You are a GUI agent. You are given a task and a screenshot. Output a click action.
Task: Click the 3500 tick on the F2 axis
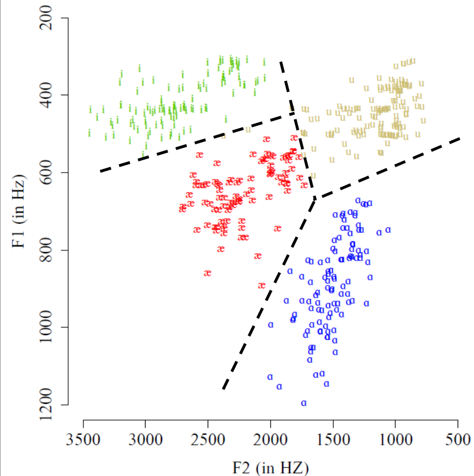pyautogui.click(x=84, y=421)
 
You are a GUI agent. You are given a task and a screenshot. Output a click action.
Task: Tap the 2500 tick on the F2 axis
pyautogui.click(x=208, y=421)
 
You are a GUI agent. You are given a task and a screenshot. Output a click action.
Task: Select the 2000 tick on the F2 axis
pyautogui.click(x=270, y=421)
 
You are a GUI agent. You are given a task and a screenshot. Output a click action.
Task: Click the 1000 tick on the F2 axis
pyautogui.click(x=395, y=421)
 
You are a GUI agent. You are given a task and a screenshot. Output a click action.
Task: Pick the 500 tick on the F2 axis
pyautogui.click(x=458, y=421)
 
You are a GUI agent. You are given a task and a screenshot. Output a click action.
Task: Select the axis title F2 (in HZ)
pyautogui.click(x=271, y=468)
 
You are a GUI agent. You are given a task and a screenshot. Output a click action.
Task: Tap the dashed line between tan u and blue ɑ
pyautogui.click(x=389, y=168)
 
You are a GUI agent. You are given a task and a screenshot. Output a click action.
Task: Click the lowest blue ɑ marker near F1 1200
pyautogui.click(x=304, y=403)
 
